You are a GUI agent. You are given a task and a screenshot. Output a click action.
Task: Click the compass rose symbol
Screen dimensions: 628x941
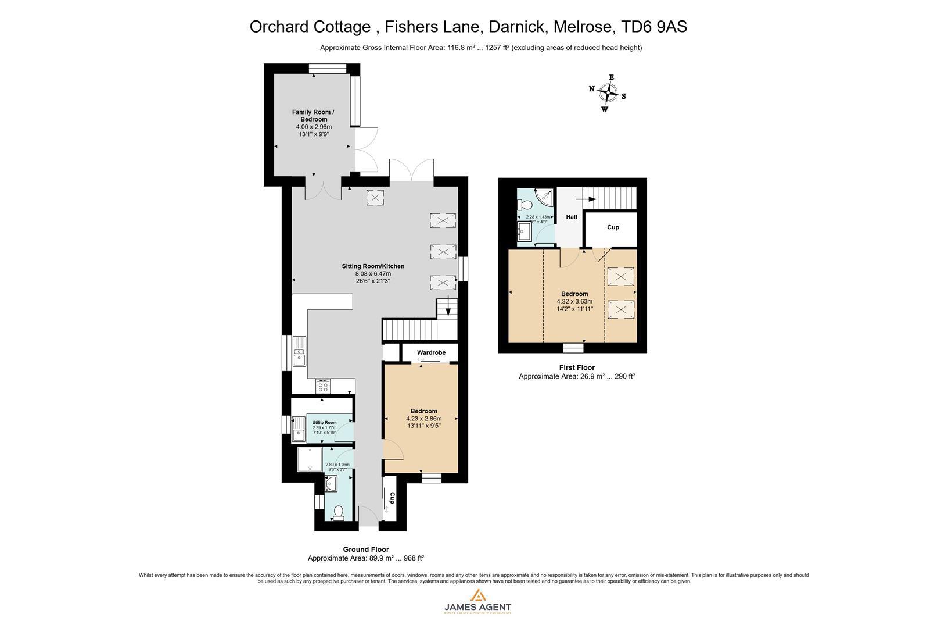click(608, 92)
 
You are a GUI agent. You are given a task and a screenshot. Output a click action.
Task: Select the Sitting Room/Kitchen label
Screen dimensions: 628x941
click(373, 266)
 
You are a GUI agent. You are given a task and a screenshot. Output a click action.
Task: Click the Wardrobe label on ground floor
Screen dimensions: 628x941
click(431, 352)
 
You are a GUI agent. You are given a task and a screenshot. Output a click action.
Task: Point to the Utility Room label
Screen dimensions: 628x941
click(324, 423)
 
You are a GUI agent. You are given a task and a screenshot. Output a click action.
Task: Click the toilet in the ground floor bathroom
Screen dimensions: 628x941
click(339, 512)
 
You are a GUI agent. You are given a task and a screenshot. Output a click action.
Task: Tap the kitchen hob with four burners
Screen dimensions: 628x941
click(323, 387)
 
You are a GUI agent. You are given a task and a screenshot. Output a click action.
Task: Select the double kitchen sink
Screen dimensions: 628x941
click(300, 351)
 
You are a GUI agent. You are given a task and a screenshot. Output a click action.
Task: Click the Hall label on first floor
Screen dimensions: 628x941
click(572, 217)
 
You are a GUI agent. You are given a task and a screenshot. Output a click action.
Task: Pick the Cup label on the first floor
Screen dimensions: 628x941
click(613, 227)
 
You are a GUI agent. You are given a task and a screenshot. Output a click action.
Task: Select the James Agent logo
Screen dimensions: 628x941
click(477, 601)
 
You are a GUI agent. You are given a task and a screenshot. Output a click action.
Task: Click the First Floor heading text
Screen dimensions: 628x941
click(577, 367)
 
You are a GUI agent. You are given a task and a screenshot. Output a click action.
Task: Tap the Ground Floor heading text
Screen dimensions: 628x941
click(366, 549)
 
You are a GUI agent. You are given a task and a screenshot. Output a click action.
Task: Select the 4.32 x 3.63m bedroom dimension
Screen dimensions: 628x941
click(574, 301)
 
